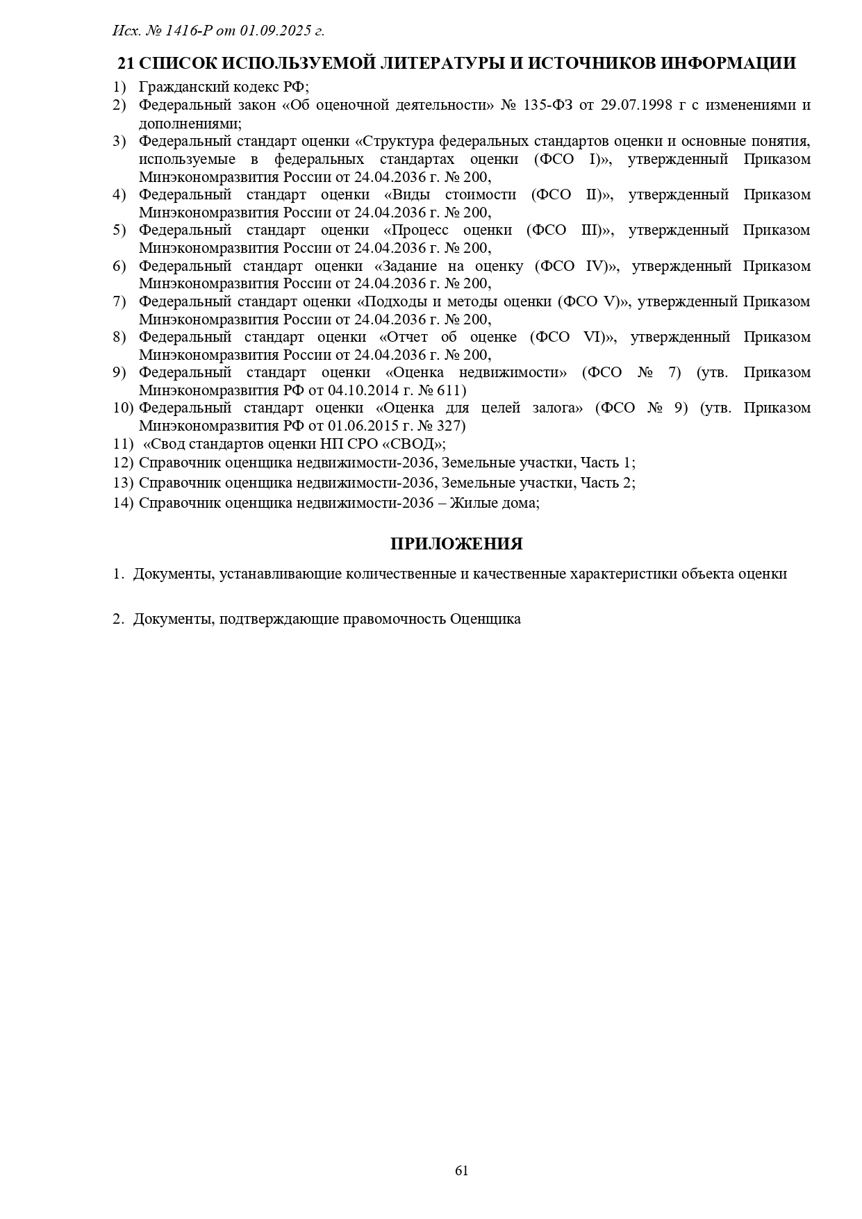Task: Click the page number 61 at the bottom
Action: (x=461, y=1170)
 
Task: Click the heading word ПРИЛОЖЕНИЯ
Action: (x=456, y=544)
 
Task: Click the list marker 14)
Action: (x=122, y=502)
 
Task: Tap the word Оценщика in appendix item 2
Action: (x=486, y=619)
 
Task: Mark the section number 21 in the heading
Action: (x=126, y=63)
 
